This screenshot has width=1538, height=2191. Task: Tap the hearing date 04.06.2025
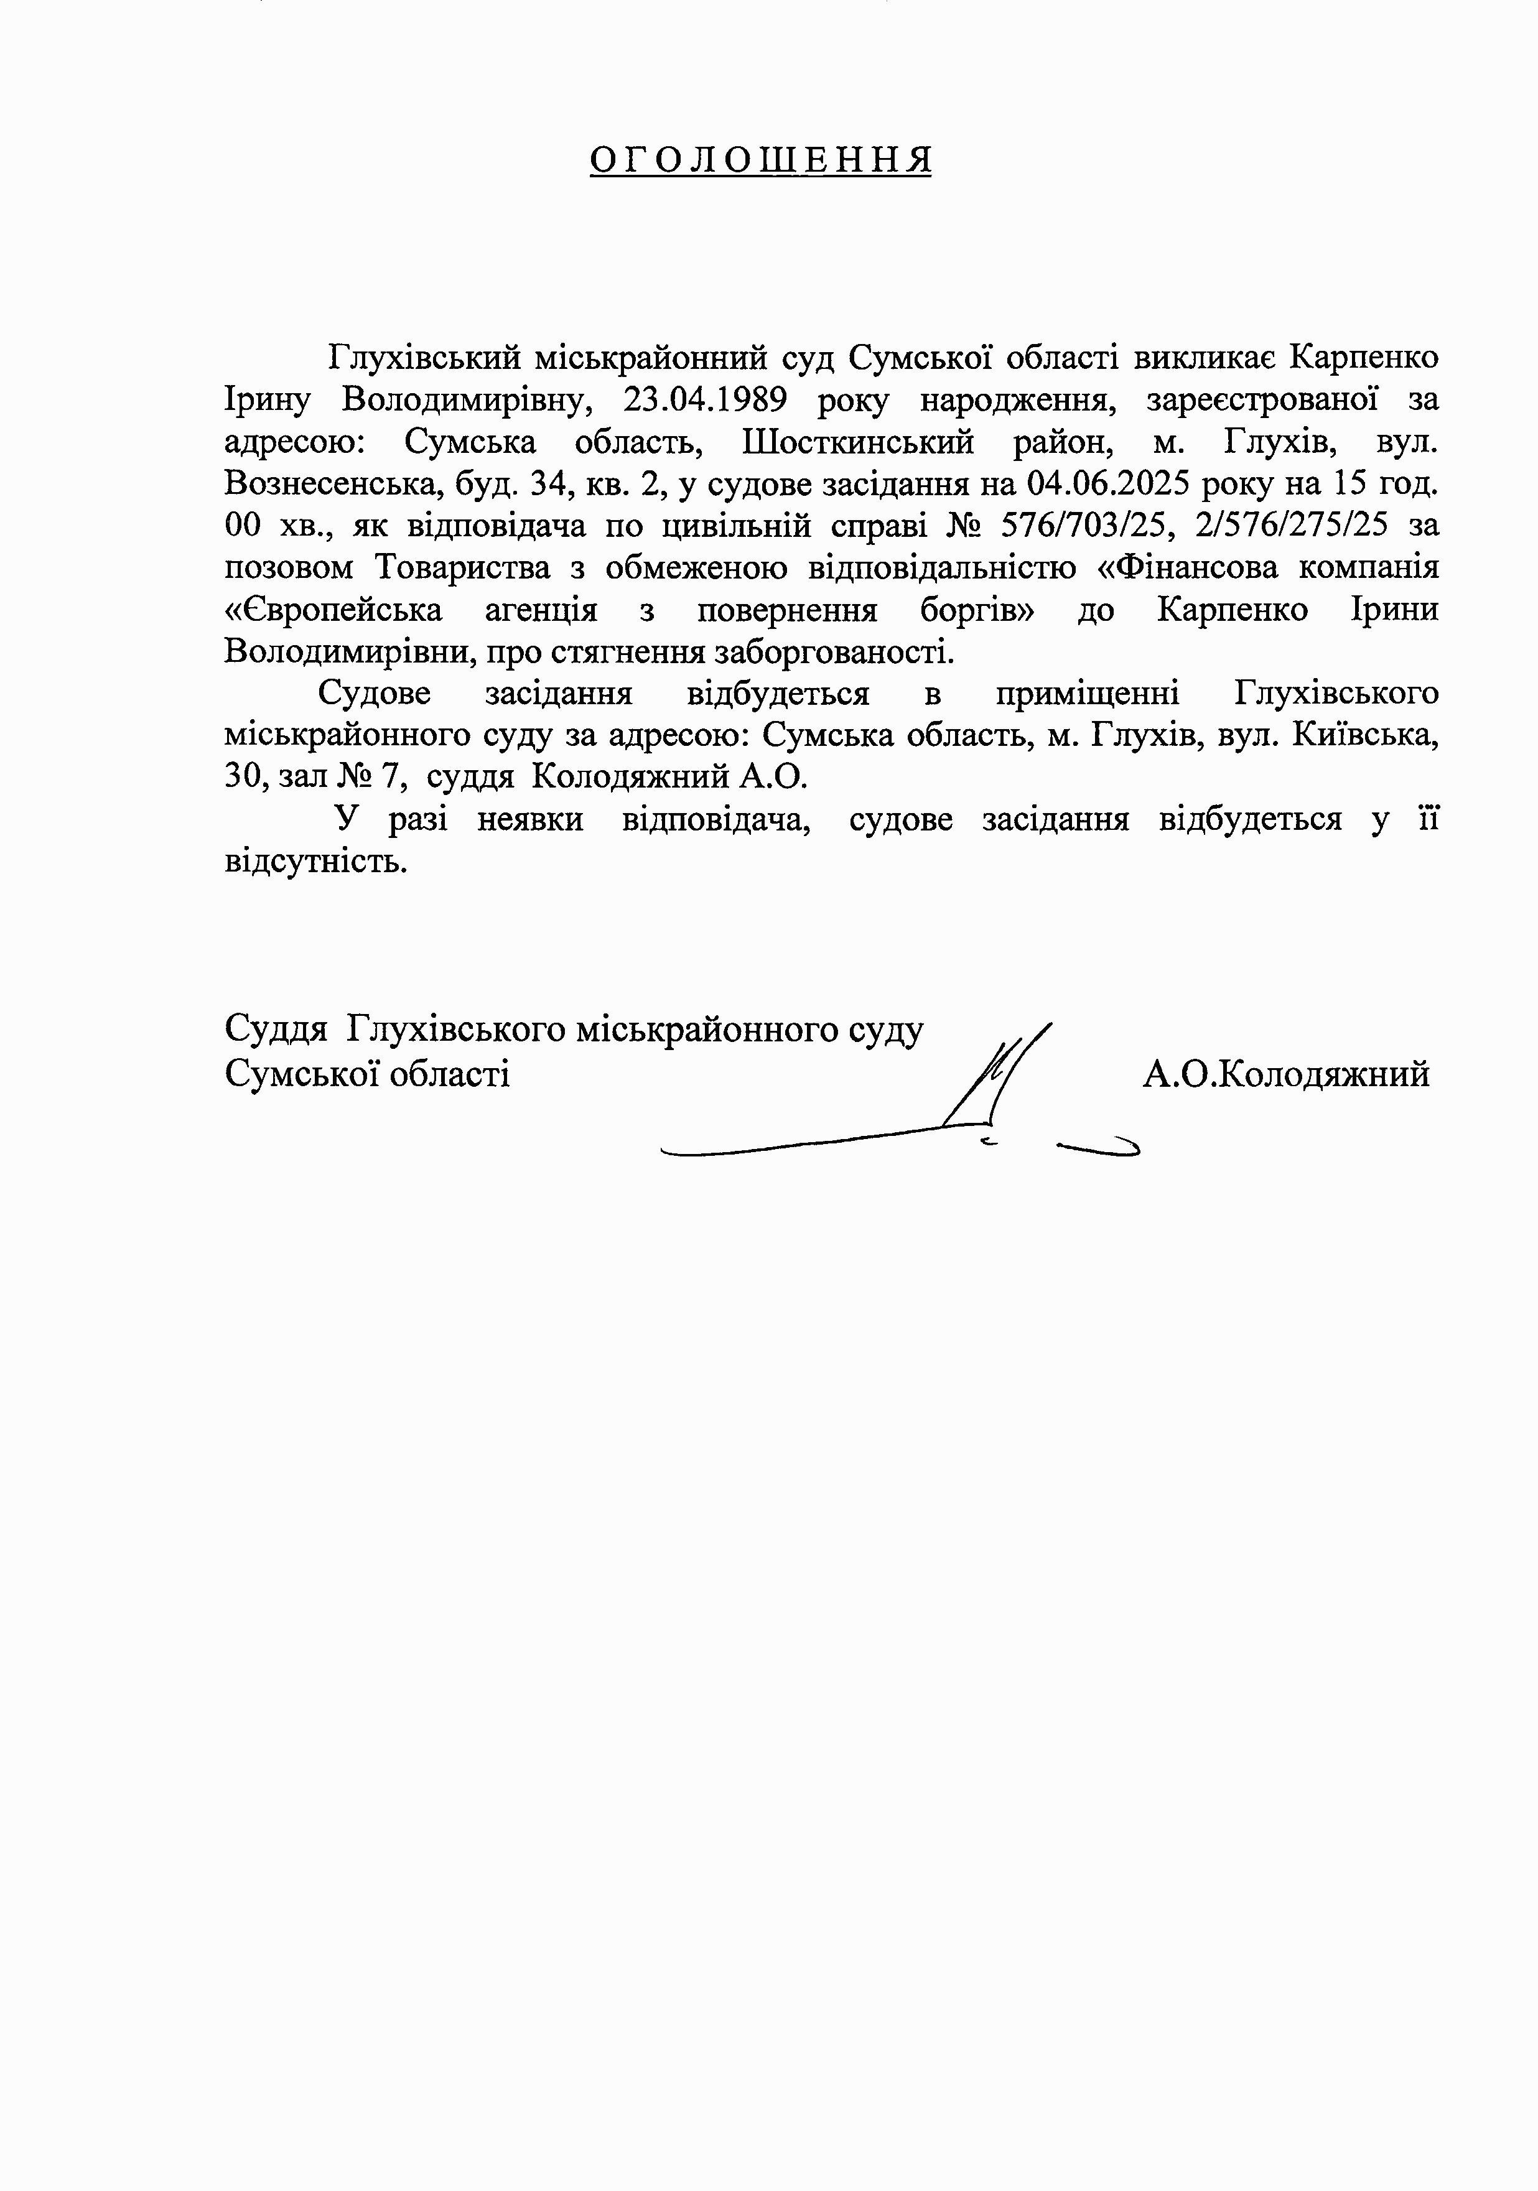coord(1107,484)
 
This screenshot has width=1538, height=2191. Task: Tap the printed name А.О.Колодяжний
coord(1286,1074)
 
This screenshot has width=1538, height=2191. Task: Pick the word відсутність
coord(315,862)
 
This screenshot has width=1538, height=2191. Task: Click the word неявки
coord(529,820)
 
